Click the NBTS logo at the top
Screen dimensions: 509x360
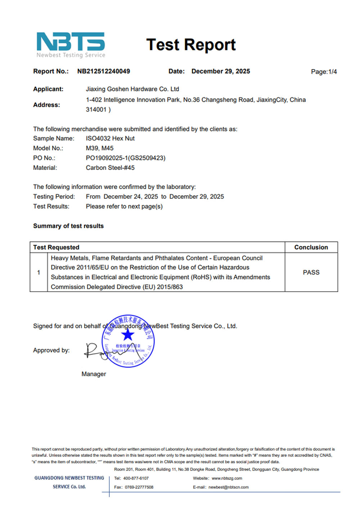click(71, 45)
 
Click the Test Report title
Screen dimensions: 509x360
click(191, 45)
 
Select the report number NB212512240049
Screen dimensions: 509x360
click(104, 71)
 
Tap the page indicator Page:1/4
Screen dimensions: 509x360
click(324, 72)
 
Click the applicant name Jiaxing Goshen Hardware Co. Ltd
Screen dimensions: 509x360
click(132, 89)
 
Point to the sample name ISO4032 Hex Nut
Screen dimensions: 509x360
click(110, 138)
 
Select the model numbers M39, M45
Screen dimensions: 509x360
click(99, 148)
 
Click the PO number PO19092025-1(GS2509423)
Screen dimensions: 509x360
click(126, 158)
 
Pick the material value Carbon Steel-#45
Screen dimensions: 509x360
click(110, 167)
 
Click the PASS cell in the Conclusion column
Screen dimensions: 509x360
click(311, 272)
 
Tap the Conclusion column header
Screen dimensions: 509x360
click(311, 247)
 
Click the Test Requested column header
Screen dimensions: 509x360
click(56, 247)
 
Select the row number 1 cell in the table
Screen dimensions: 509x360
click(39, 272)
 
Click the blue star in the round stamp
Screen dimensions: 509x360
click(127, 335)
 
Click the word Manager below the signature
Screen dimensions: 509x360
click(94, 374)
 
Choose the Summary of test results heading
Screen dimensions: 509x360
click(68, 226)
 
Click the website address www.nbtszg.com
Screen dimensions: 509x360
click(227, 478)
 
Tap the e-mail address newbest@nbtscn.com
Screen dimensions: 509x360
click(229, 487)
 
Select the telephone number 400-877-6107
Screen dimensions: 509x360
click(136, 478)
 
